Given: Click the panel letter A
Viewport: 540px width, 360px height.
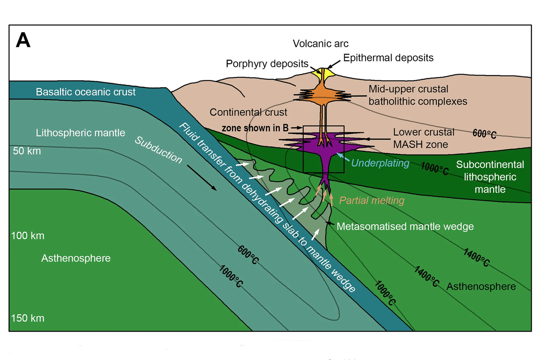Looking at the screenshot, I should pos(23,40).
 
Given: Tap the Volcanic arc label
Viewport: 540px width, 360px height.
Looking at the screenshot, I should pos(320,44).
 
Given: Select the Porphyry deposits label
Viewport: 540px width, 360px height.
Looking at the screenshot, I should pos(267,64).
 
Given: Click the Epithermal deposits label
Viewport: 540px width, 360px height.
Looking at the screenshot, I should pos(388,58).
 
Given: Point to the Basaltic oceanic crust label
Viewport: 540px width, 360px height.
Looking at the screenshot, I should pos(85,92).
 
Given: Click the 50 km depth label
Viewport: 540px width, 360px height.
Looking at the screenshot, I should pos(27,151).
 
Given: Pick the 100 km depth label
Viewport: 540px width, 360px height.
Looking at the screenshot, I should pos(28,236).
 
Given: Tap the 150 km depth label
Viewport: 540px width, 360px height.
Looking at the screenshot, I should pos(28,318).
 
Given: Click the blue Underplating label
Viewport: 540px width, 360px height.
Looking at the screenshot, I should pos(380,163).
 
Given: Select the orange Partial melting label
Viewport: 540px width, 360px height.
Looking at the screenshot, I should pos(372,201).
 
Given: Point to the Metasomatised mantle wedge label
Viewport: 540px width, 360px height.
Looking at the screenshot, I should pos(405,226).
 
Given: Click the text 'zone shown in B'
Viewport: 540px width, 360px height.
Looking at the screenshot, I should pos(255,128).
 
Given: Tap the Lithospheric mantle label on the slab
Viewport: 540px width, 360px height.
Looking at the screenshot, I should pos(80,133).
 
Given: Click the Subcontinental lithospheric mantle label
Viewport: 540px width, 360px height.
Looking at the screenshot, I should pos(490,177).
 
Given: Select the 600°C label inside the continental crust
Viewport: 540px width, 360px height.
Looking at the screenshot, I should pos(484,134).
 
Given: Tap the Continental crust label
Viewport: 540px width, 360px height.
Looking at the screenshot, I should pos(248,112).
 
